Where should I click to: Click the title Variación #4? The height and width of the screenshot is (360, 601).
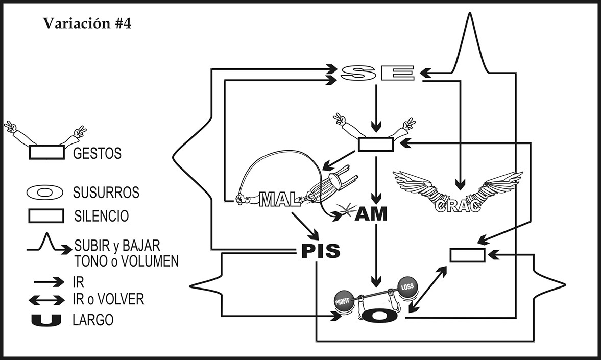tap(87, 24)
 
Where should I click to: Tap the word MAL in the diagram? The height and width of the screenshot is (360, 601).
tap(279, 200)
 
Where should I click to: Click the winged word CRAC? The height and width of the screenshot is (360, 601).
tap(458, 206)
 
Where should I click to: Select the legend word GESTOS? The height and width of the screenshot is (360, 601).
tap(98, 153)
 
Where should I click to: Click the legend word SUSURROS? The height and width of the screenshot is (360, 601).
tap(106, 193)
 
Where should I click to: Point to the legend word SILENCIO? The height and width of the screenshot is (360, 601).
tap(101, 216)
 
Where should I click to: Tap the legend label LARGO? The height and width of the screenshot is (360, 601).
tap(93, 321)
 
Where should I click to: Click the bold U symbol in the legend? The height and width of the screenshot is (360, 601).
tap(46, 321)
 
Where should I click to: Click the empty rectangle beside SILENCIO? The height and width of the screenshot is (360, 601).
tap(45, 216)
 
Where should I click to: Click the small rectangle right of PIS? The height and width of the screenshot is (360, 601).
tap(467, 254)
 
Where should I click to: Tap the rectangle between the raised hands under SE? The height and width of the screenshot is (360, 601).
tap(376, 145)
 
